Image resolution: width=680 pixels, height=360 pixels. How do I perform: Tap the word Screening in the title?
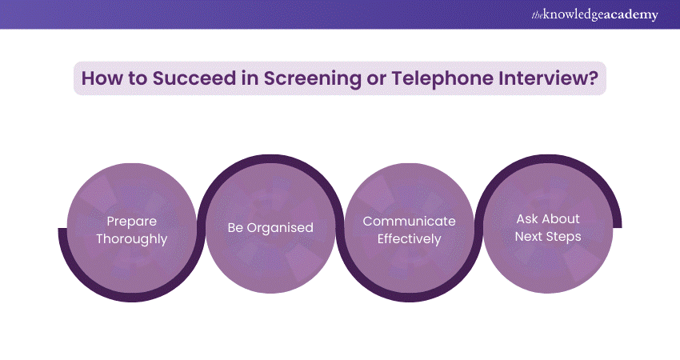click(312, 79)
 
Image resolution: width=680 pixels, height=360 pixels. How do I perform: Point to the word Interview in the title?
click(542, 78)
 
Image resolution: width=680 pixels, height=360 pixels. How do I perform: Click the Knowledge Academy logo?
click(594, 14)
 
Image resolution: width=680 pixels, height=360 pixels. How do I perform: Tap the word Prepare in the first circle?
click(132, 222)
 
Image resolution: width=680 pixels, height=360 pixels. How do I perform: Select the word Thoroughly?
click(132, 239)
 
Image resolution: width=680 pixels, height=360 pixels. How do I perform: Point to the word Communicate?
click(409, 222)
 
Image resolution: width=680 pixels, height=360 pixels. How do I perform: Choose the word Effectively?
click(409, 239)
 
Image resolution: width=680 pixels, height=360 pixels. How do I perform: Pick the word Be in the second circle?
click(235, 228)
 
